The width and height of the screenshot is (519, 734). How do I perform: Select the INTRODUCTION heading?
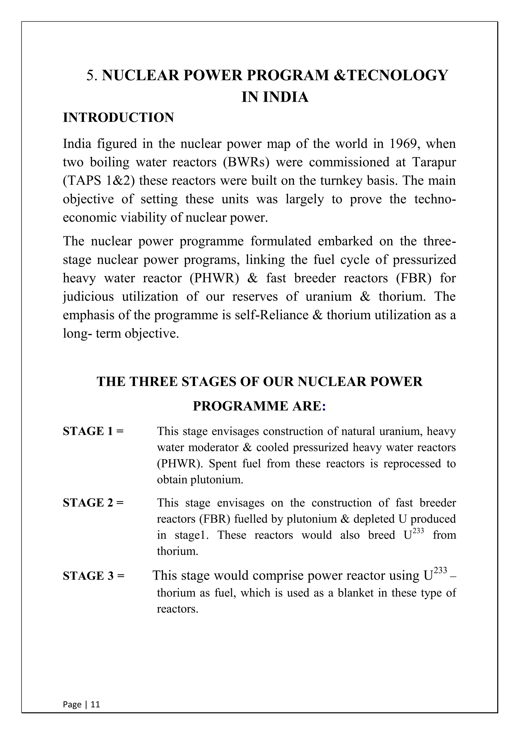(x=118, y=118)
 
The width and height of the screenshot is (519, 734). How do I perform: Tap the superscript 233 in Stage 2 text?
(x=418, y=531)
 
